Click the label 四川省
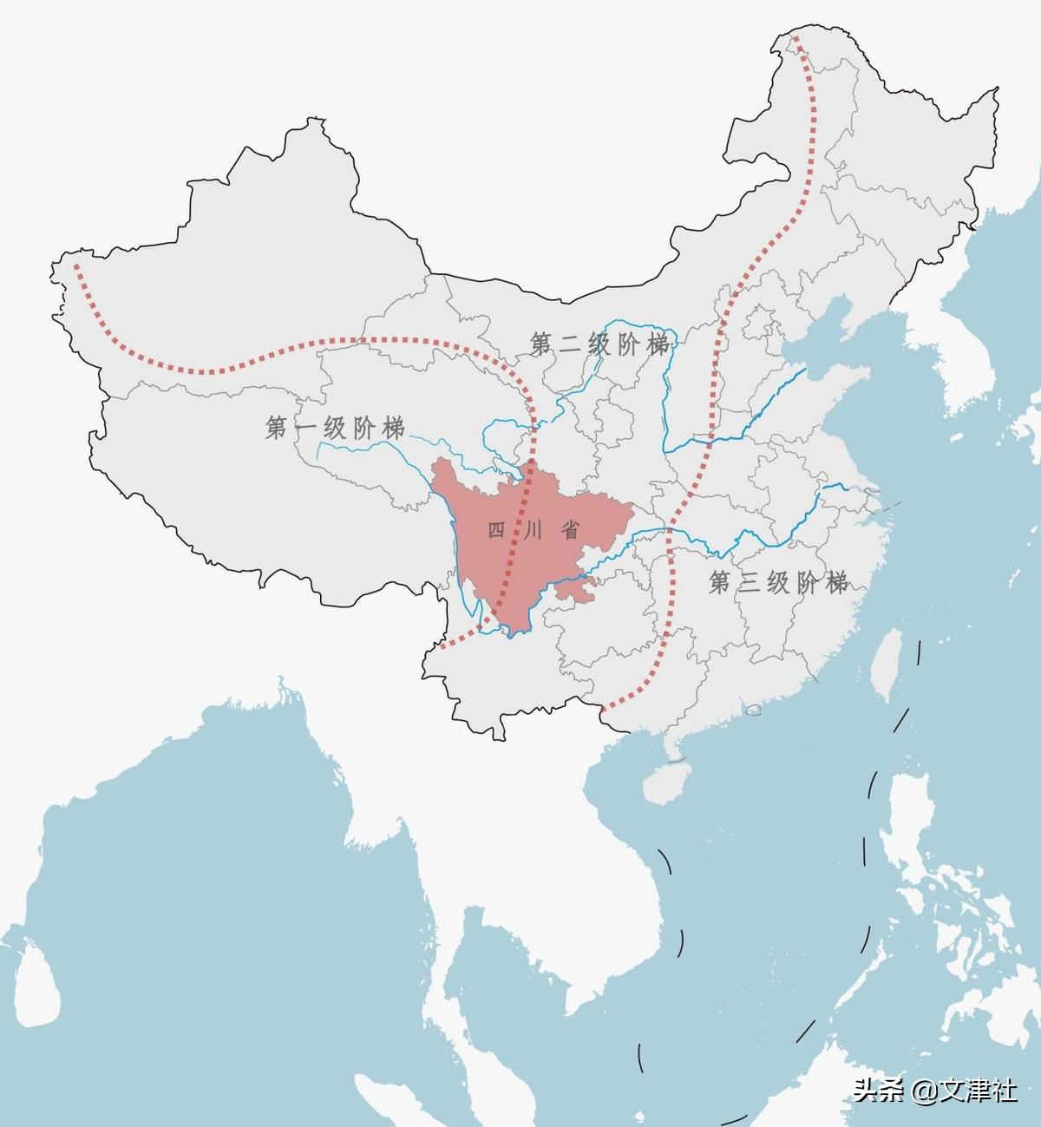click(x=533, y=530)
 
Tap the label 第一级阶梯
click(x=335, y=428)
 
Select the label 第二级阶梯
click(x=600, y=344)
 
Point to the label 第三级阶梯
click(x=778, y=582)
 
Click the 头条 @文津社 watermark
click(x=934, y=1090)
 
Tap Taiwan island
click(x=887, y=664)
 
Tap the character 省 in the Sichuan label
click(x=570, y=530)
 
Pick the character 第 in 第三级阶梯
click(x=720, y=582)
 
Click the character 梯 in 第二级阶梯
click(x=658, y=344)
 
